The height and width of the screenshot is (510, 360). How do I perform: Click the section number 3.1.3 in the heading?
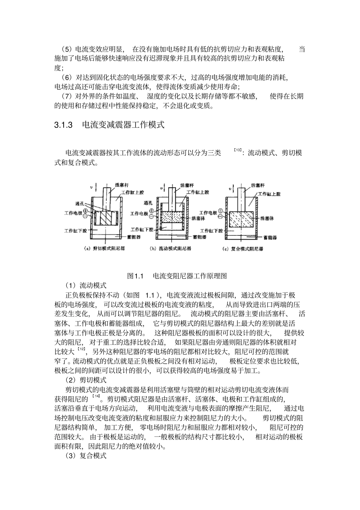tap(63, 125)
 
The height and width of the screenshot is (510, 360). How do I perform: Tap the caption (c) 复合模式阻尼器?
tap(243, 249)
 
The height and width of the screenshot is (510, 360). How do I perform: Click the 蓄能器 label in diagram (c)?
tap(270, 237)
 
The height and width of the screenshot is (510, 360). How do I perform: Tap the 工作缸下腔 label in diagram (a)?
tap(76, 230)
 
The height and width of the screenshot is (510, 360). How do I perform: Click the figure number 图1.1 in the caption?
tap(135, 276)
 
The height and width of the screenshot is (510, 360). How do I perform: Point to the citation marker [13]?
tap(238, 151)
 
